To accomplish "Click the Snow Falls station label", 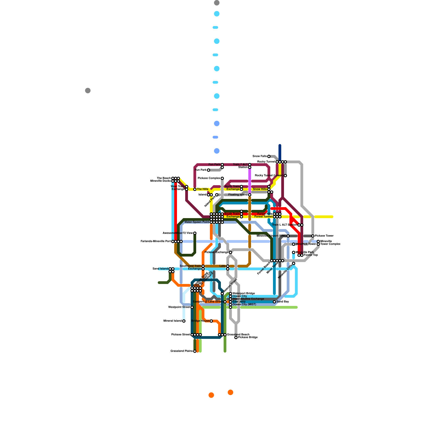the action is pos(260,156).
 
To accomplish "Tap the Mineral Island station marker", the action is pos(184,321).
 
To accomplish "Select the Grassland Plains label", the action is pos(181,351).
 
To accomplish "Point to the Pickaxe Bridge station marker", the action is pos(236,337).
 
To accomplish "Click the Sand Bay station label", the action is pos(283,302).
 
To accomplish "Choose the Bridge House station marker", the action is pos(211,321).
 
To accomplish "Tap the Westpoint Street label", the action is pos(179,307).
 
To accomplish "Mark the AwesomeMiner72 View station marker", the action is pos(195,233).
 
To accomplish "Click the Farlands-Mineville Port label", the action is pos(156,241).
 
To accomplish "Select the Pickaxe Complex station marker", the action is pos(222,178).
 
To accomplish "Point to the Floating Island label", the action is pos(238,195).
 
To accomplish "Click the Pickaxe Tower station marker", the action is pos(313,236).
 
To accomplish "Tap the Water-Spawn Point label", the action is pos(197,222).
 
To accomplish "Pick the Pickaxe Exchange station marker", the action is pos(230,252).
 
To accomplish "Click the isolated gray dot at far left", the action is pos(88,91).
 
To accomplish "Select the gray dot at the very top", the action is pos(217,3).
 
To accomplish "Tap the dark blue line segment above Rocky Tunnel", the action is pos(280,152).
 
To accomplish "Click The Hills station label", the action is pos(202,189).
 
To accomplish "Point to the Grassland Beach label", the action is pos(238,335).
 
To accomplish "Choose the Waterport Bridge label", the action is pos(244,294).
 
